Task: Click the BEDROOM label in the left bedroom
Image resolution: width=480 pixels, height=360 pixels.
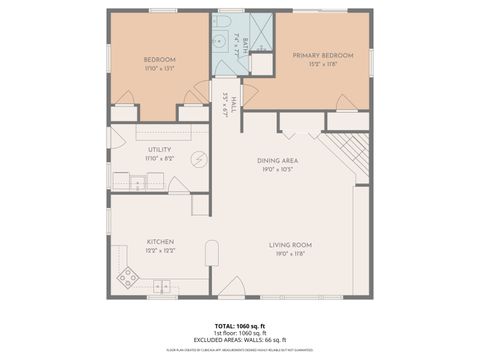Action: click(x=160, y=58)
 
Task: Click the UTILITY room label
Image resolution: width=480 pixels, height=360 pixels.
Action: click(x=160, y=149)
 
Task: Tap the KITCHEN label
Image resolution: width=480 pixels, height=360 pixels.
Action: click(x=161, y=241)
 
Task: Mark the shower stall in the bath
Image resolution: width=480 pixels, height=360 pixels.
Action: click(x=258, y=30)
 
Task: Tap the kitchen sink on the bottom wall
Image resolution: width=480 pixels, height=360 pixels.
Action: click(x=161, y=288)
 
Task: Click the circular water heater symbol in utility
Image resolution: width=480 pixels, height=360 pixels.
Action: click(x=198, y=158)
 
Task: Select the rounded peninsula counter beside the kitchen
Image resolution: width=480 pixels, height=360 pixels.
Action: click(x=211, y=257)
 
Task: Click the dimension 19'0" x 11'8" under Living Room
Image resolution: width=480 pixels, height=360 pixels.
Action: click(x=290, y=254)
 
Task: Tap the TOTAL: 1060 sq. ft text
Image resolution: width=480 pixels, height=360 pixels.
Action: click(x=239, y=326)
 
